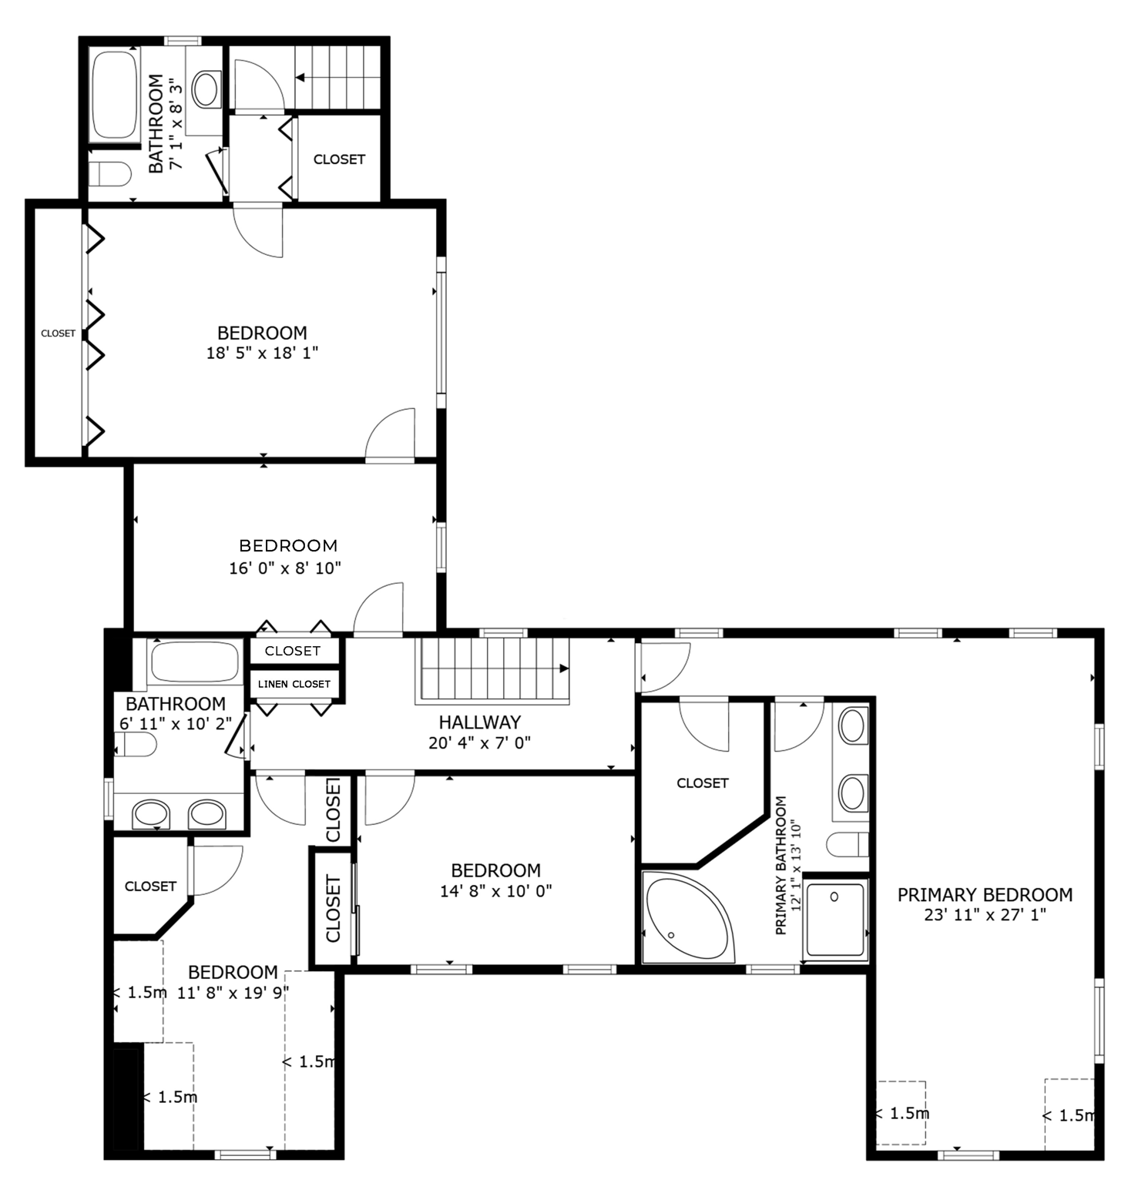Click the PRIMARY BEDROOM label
click(x=985, y=894)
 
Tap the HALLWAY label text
click(x=479, y=722)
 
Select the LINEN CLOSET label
click(x=294, y=684)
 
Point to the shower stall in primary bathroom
click(x=835, y=919)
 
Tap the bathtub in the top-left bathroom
click(x=115, y=94)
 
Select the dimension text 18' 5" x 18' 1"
click(x=262, y=353)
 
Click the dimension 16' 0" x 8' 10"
click(x=285, y=568)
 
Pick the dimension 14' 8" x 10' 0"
click(x=495, y=891)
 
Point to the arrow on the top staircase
click(x=300, y=78)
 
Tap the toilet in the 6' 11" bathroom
click(x=137, y=745)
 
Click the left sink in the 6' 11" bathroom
click(x=151, y=813)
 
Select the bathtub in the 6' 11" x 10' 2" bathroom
click(x=194, y=662)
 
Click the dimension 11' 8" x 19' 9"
click(x=233, y=993)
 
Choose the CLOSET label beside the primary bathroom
click(x=702, y=783)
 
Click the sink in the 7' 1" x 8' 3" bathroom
click(x=206, y=89)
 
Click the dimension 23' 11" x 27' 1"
click(x=985, y=915)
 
